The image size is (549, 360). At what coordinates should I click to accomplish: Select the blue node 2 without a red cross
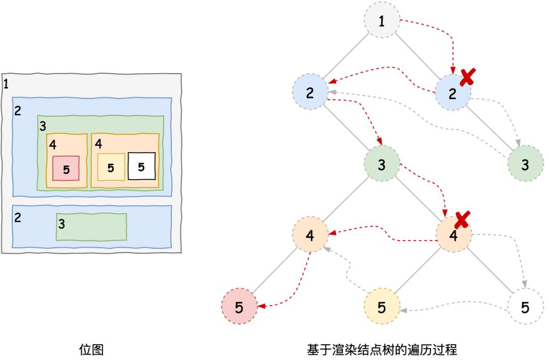click(x=310, y=92)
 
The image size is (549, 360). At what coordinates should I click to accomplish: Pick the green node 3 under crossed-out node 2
click(x=525, y=165)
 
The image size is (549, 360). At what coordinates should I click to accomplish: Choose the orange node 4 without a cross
click(x=310, y=236)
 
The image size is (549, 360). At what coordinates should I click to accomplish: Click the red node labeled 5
click(x=239, y=308)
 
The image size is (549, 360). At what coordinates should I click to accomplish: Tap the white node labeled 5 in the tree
click(x=525, y=308)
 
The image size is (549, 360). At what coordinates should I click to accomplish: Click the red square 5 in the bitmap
click(x=66, y=168)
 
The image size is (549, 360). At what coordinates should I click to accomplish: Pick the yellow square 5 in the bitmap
click(x=111, y=167)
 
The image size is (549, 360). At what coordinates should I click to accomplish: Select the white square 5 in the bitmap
click(x=141, y=166)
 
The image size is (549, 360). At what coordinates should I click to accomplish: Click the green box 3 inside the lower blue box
click(x=91, y=227)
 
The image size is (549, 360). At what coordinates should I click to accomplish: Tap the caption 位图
click(x=91, y=350)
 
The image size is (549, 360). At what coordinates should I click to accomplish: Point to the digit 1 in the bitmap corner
click(x=6, y=84)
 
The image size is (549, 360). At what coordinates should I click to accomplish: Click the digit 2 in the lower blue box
click(x=18, y=218)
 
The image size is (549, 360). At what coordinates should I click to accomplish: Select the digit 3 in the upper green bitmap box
click(x=43, y=125)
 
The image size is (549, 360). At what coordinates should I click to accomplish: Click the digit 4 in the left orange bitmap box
click(x=52, y=145)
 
